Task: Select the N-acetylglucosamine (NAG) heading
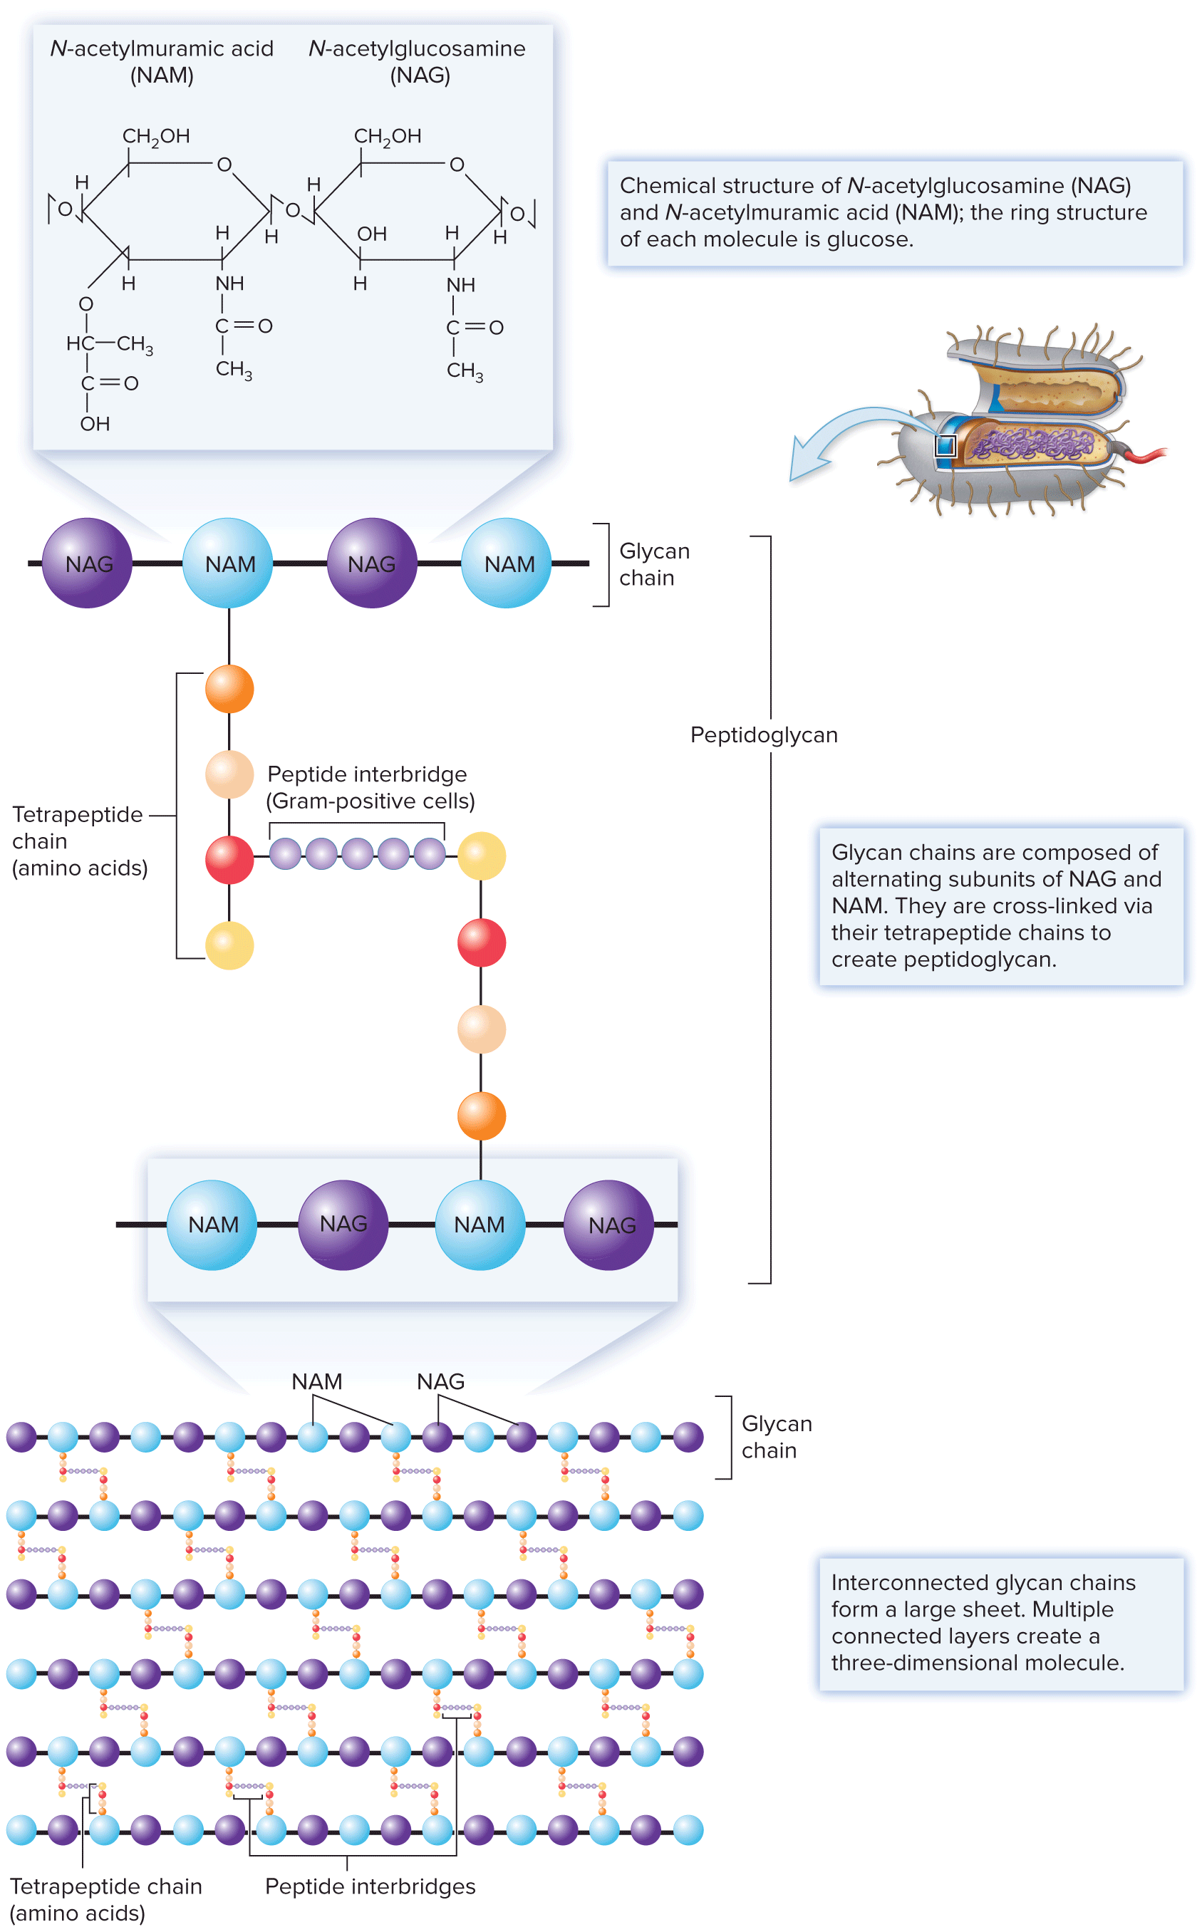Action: click(418, 61)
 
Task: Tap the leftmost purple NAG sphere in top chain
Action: click(88, 563)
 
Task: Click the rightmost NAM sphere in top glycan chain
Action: click(507, 563)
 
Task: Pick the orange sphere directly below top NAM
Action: click(229, 689)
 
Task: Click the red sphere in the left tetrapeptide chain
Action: click(229, 860)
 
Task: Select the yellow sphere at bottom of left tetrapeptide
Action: click(229, 945)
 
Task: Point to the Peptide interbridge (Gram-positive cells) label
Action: click(370, 787)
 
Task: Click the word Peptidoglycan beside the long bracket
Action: click(763, 734)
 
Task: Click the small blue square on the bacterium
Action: click(945, 445)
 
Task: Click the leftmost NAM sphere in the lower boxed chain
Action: click(212, 1225)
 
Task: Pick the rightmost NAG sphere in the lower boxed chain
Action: click(609, 1225)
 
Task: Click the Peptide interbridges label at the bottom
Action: click(370, 1886)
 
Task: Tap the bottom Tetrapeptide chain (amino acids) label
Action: click(105, 1899)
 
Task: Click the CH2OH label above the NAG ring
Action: click(387, 136)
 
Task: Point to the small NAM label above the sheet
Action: click(316, 1381)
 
